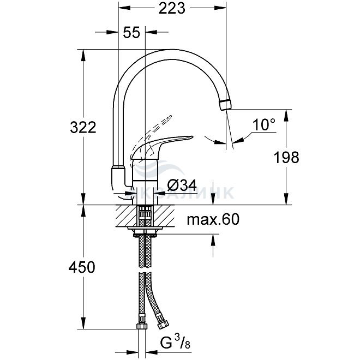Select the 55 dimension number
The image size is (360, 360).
pyautogui.click(x=131, y=33)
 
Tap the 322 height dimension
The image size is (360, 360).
pyautogui.click(x=83, y=128)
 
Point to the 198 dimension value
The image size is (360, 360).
pyautogui.click(x=286, y=158)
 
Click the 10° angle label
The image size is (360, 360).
pyautogui.click(x=264, y=125)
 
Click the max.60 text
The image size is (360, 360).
pyautogui.click(x=213, y=220)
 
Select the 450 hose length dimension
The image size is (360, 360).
pyautogui.click(x=82, y=267)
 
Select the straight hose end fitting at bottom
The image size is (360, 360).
pyautogui.click(x=140, y=327)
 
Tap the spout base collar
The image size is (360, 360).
pyautogui.click(x=118, y=175)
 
